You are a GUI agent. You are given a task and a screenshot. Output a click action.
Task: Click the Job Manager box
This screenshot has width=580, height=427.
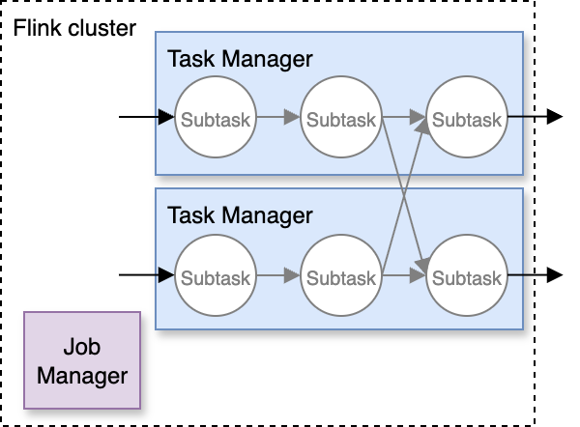click(82, 359)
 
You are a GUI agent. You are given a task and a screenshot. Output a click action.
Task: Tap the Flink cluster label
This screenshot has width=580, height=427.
click(75, 28)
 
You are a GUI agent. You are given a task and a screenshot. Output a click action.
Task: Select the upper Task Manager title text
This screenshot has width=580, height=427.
click(240, 59)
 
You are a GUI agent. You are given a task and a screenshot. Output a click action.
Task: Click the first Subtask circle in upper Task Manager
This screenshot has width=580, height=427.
click(215, 120)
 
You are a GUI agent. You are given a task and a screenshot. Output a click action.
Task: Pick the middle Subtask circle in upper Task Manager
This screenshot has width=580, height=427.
click(340, 120)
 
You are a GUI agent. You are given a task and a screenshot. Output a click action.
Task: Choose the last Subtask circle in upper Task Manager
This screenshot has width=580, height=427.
click(467, 120)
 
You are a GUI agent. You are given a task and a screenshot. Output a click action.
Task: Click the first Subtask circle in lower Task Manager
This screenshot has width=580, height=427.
click(215, 277)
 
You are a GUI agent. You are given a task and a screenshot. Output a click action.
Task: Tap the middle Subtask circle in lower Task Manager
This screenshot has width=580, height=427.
click(340, 277)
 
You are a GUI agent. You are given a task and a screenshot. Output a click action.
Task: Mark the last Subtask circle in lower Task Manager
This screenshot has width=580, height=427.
click(467, 277)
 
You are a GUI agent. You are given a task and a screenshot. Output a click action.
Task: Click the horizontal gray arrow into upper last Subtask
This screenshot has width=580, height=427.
click(404, 119)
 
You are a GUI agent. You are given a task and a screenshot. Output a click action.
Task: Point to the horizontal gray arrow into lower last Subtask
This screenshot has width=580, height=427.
click(404, 276)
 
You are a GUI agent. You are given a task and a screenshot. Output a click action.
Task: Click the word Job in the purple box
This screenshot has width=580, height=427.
click(82, 347)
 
